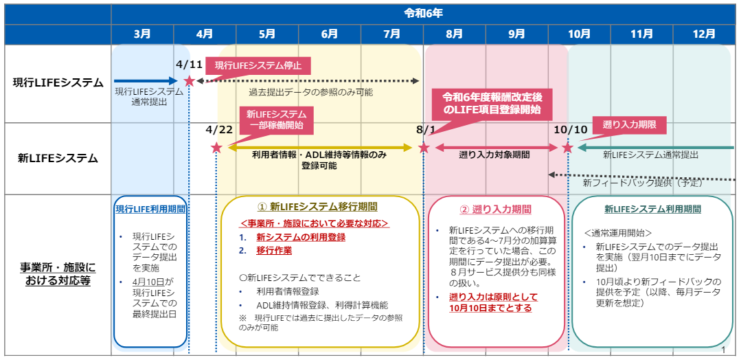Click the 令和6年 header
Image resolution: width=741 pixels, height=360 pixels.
pos(423,14)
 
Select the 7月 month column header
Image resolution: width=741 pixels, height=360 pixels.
pos(391,34)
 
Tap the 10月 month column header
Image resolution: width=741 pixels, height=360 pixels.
pos(579,34)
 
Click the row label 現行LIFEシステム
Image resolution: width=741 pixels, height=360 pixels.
pos(58,82)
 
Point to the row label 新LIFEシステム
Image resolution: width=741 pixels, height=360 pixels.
pos(58,159)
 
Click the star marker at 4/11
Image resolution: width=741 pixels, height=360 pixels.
pos(189,81)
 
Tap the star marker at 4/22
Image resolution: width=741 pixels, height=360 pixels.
pos(216,148)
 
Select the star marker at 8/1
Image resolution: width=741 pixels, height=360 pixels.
pos(424,148)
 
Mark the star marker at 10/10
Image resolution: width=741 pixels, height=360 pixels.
pos(567,148)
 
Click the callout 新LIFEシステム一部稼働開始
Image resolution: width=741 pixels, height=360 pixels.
pos(277,120)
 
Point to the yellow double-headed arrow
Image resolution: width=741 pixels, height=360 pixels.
pos(321,148)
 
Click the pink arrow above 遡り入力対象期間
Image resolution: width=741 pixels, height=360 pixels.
pos(497,148)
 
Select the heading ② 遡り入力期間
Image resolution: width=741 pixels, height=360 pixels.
pos(496,209)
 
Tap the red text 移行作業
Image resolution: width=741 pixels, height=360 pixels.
pos(274,250)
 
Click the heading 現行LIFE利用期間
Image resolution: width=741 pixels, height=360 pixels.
pos(150,209)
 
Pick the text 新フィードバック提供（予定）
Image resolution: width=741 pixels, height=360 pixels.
pos(643,182)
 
